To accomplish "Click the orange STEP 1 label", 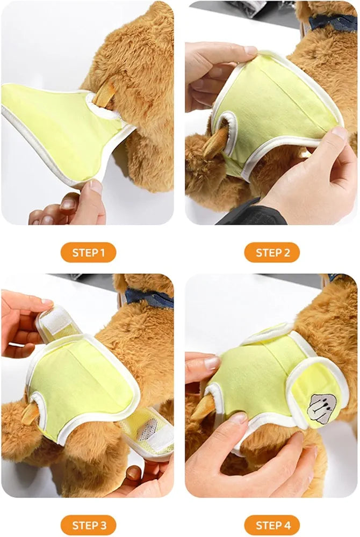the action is pyautogui.click(x=88, y=252).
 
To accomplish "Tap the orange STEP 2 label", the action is pyautogui.click(x=272, y=252).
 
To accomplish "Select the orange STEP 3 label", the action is pyautogui.click(x=88, y=525).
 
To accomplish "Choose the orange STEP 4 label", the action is pyautogui.click(x=272, y=525).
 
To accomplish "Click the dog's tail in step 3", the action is pyautogui.click(x=30, y=412).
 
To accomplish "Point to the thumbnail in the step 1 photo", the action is pyautogui.click(x=95, y=187).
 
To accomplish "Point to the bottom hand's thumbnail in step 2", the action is pyautogui.click(x=339, y=133).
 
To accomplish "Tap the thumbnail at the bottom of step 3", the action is pyautogui.click(x=133, y=473).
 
